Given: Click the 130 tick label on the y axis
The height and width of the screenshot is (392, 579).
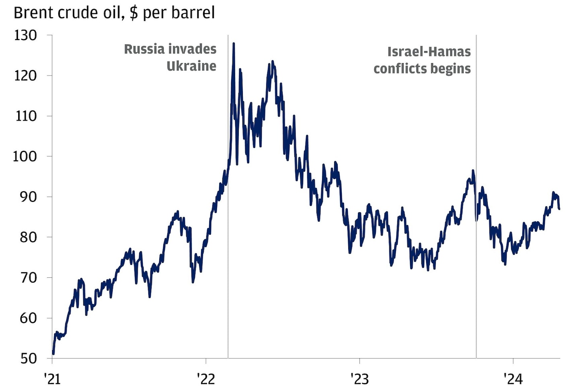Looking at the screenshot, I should tap(25, 35).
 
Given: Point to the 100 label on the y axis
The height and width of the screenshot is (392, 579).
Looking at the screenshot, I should tap(25, 156).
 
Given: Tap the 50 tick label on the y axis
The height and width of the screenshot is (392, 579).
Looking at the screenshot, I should tap(28, 359).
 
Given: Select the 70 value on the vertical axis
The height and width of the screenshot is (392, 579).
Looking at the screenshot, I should tap(28, 278).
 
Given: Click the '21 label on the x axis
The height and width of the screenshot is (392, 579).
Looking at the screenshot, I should tap(52, 378).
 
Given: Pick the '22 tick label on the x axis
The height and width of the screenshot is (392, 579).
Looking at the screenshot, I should tap(205, 378).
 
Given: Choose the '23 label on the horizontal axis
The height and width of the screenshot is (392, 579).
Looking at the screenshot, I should tap(359, 378).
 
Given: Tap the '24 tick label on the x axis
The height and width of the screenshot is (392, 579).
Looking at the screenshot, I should tap(513, 378).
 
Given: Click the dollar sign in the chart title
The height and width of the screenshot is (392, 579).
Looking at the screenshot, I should tap(133, 13).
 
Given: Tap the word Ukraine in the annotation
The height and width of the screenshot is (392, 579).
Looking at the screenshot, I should tap(191, 66).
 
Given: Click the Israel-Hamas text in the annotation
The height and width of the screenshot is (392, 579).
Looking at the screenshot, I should tap(429, 52).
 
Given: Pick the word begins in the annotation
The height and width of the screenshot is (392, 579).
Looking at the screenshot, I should tap(449, 69).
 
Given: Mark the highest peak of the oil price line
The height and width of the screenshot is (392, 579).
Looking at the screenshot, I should tap(234, 43).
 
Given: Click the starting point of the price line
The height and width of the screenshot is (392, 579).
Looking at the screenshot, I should tap(53, 354).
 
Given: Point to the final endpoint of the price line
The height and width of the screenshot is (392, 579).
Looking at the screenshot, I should tap(559, 209).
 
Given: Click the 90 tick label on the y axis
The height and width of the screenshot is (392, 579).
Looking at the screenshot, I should tap(28, 197).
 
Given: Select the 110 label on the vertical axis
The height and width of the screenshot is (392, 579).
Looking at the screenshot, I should tap(25, 116).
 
